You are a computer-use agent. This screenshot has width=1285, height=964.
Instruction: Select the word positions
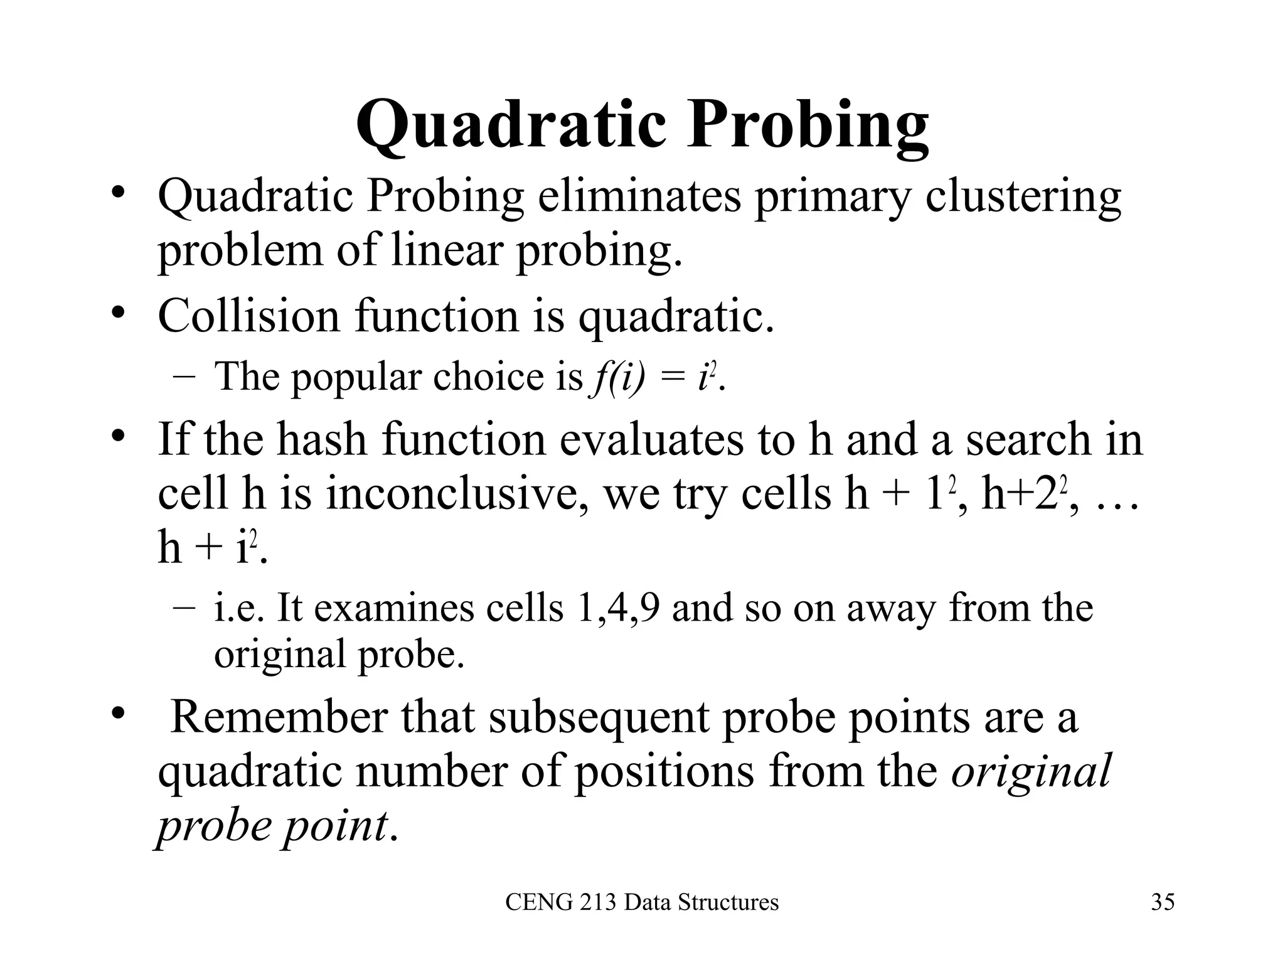[x=664, y=771]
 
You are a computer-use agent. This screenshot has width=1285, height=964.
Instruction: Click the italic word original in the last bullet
[x=1031, y=771]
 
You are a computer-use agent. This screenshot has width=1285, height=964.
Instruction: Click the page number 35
[x=1163, y=902]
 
